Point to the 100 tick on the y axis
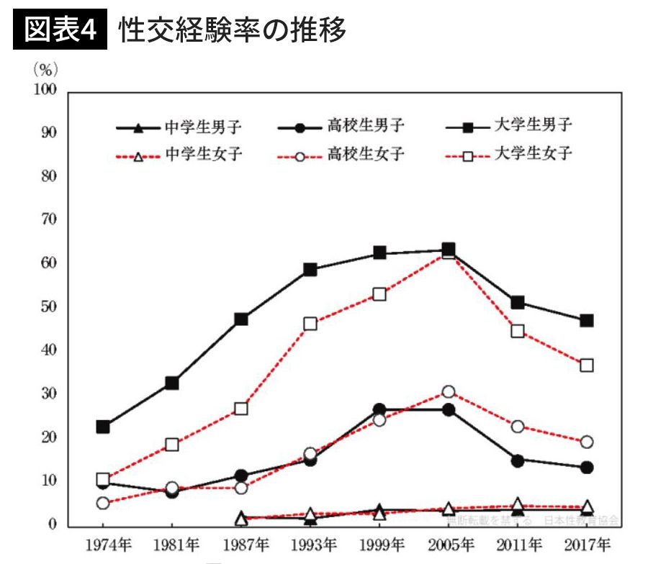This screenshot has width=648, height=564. click(x=45, y=90)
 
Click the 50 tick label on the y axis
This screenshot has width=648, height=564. click(x=48, y=307)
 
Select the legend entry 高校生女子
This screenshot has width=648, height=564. click(x=365, y=154)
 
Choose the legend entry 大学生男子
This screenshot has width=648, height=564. click(x=534, y=126)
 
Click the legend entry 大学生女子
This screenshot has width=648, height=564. click(x=534, y=153)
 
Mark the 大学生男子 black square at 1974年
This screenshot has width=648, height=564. click(x=103, y=427)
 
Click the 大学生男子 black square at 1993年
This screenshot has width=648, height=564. click(x=310, y=270)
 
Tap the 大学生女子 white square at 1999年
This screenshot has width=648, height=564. click(x=379, y=294)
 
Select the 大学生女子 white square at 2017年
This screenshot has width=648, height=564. click(x=587, y=365)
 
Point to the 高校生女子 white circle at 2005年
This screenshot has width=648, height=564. click(x=449, y=392)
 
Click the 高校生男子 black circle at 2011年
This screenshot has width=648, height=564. click(x=518, y=460)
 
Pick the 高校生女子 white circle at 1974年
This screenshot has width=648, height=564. click(x=103, y=503)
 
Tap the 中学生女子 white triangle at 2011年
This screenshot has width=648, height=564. click(x=518, y=505)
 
